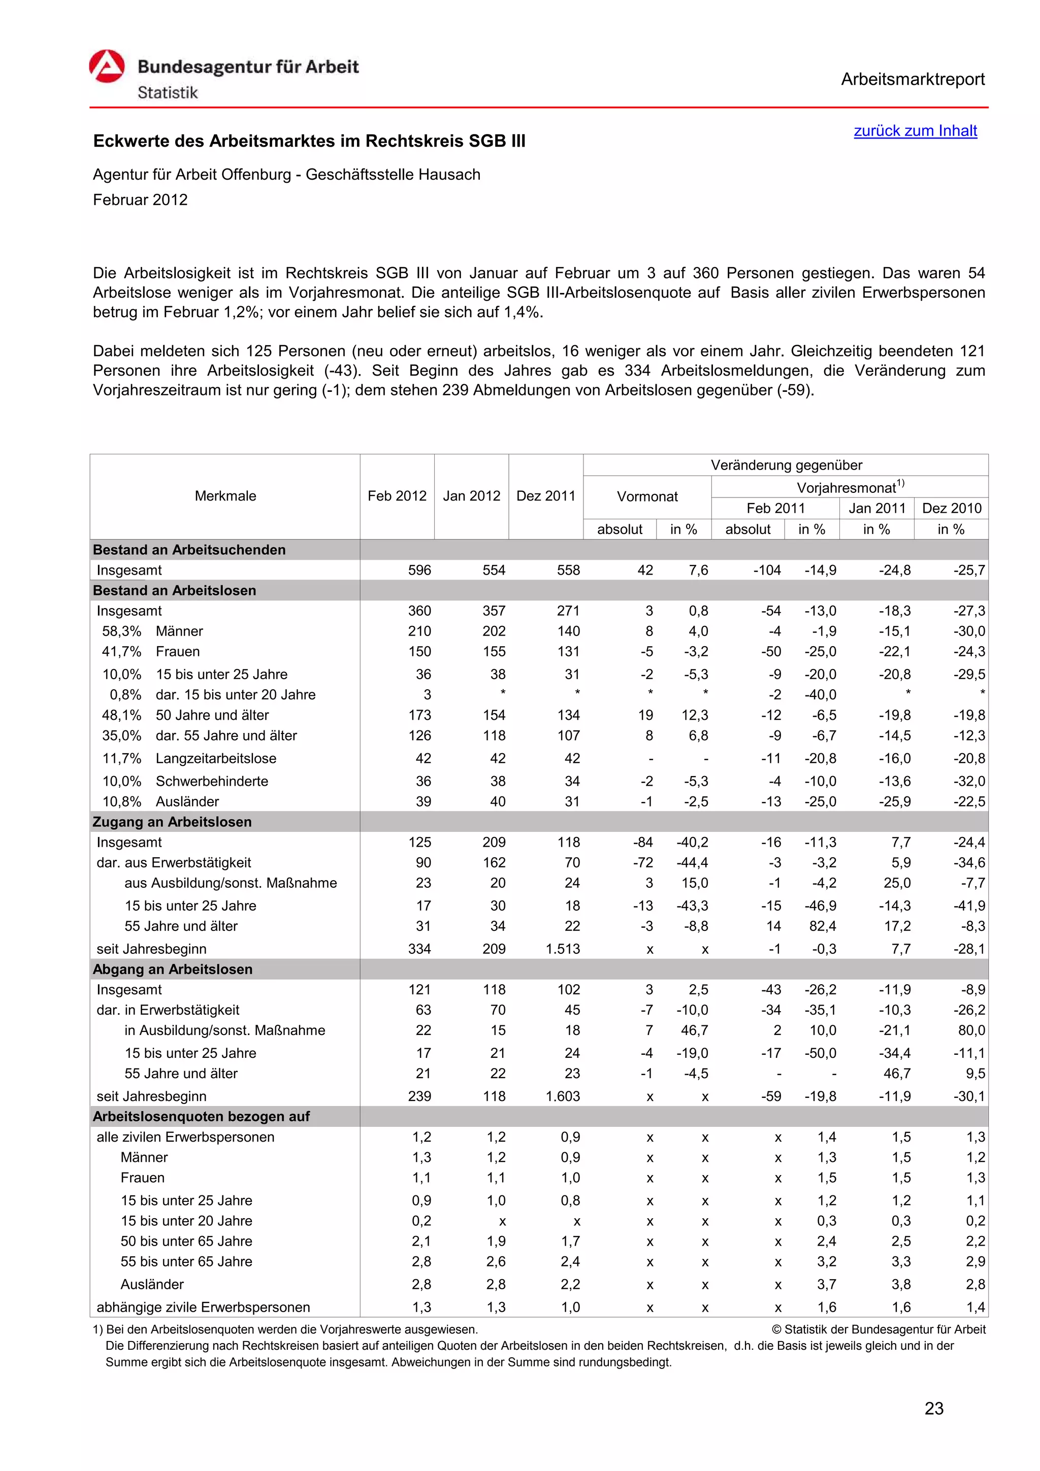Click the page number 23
tap(934, 1408)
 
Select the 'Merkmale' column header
tap(225, 496)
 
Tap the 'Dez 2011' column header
tap(545, 496)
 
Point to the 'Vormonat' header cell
tap(646, 496)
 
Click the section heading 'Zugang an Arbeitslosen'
tap(172, 822)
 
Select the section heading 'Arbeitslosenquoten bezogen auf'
tap(201, 1117)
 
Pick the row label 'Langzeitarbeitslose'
tap(216, 758)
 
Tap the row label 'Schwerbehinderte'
tap(212, 782)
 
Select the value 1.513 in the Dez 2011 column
tap(563, 949)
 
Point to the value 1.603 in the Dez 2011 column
tap(563, 1096)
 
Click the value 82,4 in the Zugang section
tap(823, 926)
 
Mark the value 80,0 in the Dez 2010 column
tap(971, 1030)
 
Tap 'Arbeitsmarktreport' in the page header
tap(913, 80)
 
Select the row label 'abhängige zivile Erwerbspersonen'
tap(203, 1308)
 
